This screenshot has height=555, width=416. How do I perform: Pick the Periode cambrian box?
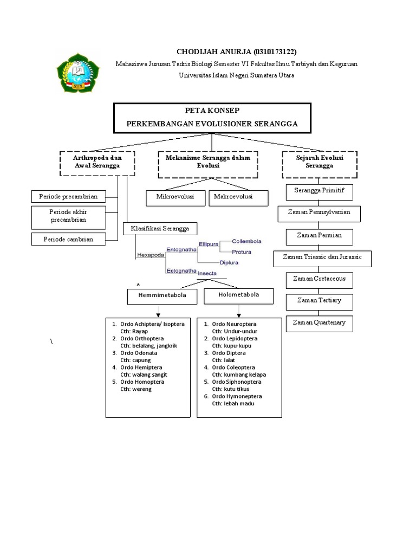[x=67, y=239]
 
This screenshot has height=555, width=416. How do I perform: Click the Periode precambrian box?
[x=68, y=196]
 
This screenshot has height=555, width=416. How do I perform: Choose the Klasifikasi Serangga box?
[x=160, y=229]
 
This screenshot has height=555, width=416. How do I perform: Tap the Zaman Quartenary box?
[x=319, y=323]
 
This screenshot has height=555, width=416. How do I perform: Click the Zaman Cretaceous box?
[x=319, y=279]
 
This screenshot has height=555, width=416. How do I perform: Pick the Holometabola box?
[x=238, y=296]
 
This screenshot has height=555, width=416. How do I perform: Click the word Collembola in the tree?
[x=246, y=241]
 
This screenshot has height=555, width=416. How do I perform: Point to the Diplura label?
[x=230, y=263]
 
